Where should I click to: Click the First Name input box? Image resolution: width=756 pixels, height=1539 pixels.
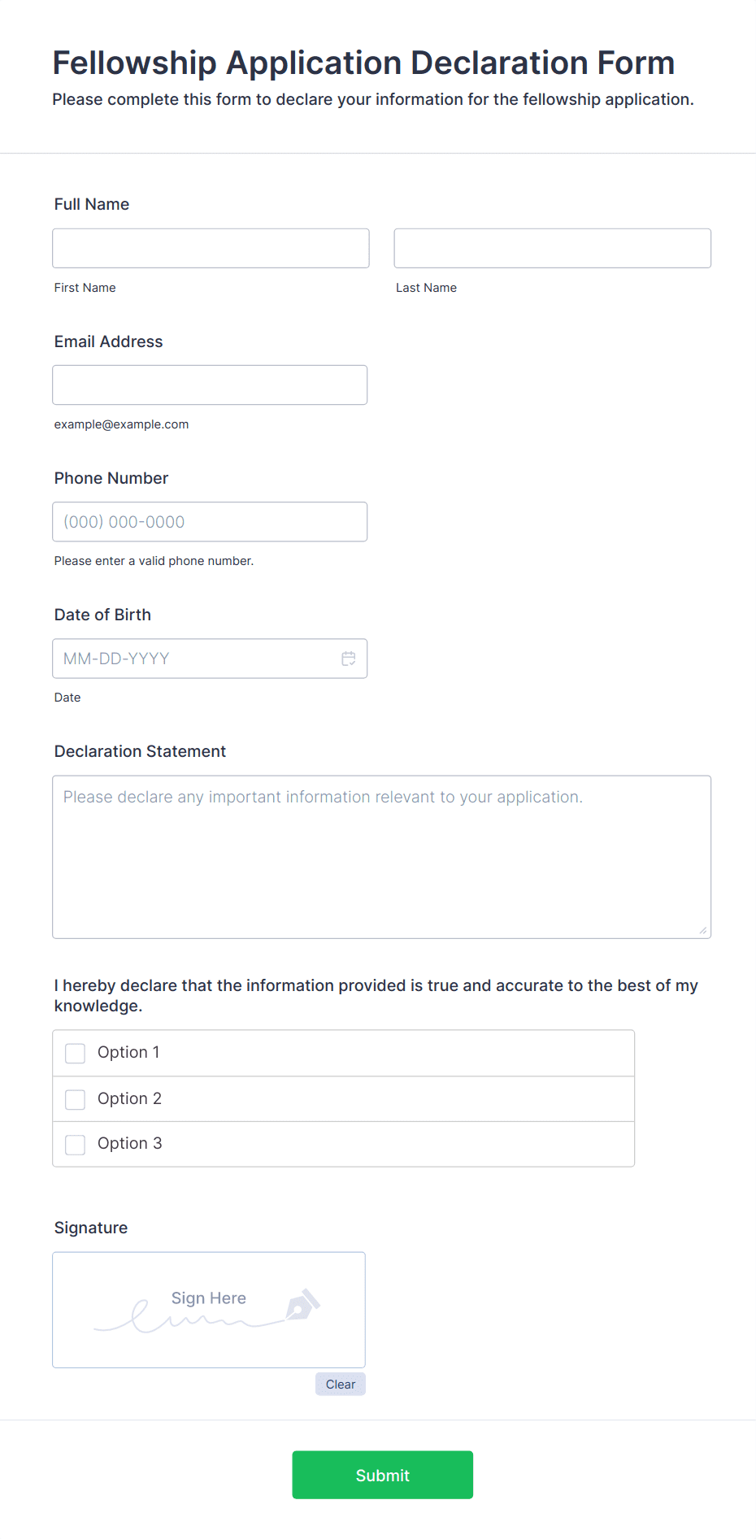pyautogui.click(x=211, y=248)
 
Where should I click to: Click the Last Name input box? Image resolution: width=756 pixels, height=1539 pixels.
pyautogui.click(x=552, y=248)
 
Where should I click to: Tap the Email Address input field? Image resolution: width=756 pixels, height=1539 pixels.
pyautogui.click(x=210, y=385)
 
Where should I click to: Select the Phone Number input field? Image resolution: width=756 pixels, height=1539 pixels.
pyautogui.click(x=210, y=522)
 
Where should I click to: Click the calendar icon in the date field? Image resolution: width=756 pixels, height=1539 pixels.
pyautogui.click(x=349, y=659)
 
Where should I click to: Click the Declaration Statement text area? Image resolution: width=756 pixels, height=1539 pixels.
pyautogui.click(x=381, y=857)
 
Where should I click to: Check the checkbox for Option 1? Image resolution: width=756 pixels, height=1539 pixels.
pyautogui.click(x=76, y=1054)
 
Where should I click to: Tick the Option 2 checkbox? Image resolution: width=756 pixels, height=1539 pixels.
pyautogui.click(x=76, y=1099)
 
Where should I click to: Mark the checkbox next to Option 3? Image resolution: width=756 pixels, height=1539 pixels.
pyautogui.click(x=76, y=1145)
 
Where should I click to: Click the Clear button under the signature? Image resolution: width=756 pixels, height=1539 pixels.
pyautogui.click(x=341, y=1385)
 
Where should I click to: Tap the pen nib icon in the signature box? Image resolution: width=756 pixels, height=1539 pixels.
pyautogui.click(x=302, y=1304)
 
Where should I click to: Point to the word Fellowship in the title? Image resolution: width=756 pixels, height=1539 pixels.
pyautogui.click(x=135, y=63)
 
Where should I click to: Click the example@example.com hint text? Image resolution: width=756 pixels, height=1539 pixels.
pyautogui.click(x=121, y=424)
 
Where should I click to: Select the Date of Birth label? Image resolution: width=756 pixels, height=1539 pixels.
pyautogui.click(x=102, y=615)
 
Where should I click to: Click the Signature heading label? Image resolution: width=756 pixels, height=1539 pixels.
pyautogui.click(x=91, y=1228)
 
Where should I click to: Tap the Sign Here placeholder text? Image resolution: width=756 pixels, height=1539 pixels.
pyautogui.click(x=209, y=1298)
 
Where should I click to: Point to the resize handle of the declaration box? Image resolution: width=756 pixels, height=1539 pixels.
pyautogui.click(x=703, y=930)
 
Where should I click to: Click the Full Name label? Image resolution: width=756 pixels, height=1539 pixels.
pyautogui.click(x=92, y=204)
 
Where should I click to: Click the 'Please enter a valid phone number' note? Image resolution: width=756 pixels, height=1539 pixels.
pyautogui.click(x=154, y=561)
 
